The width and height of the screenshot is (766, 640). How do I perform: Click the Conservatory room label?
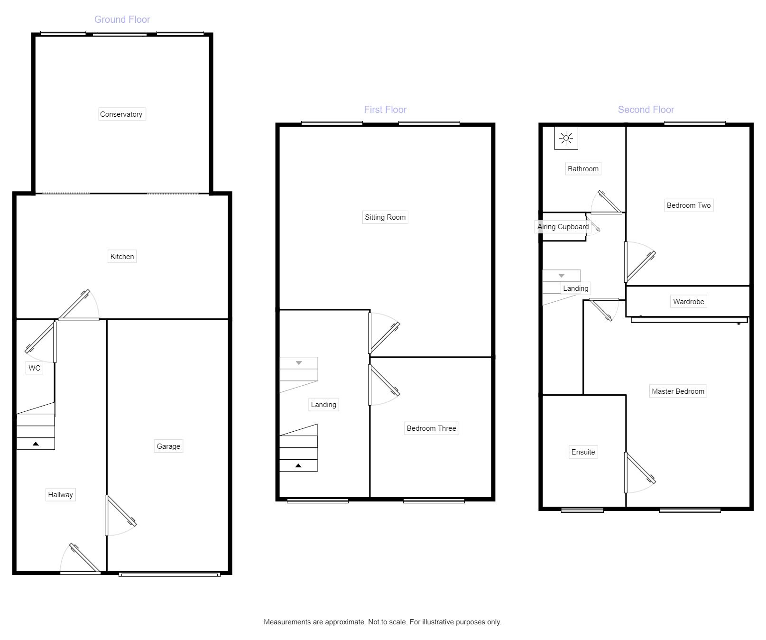coord(121,114)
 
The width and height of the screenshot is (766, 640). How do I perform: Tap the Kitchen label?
coord(122,257)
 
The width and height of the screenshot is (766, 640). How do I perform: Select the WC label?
coord(34,368)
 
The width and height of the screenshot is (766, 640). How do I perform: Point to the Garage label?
coord(168,446)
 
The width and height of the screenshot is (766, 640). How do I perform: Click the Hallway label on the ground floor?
coord(60,495)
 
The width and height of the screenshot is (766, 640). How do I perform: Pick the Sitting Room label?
coord(385,217)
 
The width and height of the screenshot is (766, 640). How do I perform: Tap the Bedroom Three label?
coord(431,428)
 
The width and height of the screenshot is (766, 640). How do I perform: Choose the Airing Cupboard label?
coord(563,227)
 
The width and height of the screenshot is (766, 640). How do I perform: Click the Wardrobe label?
coord(688,302)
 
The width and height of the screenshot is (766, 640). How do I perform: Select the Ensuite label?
coord(583,452)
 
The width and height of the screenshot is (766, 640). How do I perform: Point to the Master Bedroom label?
coord(678,391)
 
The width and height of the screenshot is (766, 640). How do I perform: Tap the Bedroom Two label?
coord(689,205)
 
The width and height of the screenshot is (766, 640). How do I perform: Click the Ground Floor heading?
coord(122,19)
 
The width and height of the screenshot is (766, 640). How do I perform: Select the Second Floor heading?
coord(646,110)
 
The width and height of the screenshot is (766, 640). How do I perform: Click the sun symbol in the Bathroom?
coord(566,138)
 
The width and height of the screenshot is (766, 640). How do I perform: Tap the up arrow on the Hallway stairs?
coord(36,444)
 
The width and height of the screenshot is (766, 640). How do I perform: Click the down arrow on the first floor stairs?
coord(299,363)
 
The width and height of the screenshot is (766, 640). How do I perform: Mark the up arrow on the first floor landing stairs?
coord(298,466)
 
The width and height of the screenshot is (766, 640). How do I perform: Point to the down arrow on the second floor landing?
coord(562,276)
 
